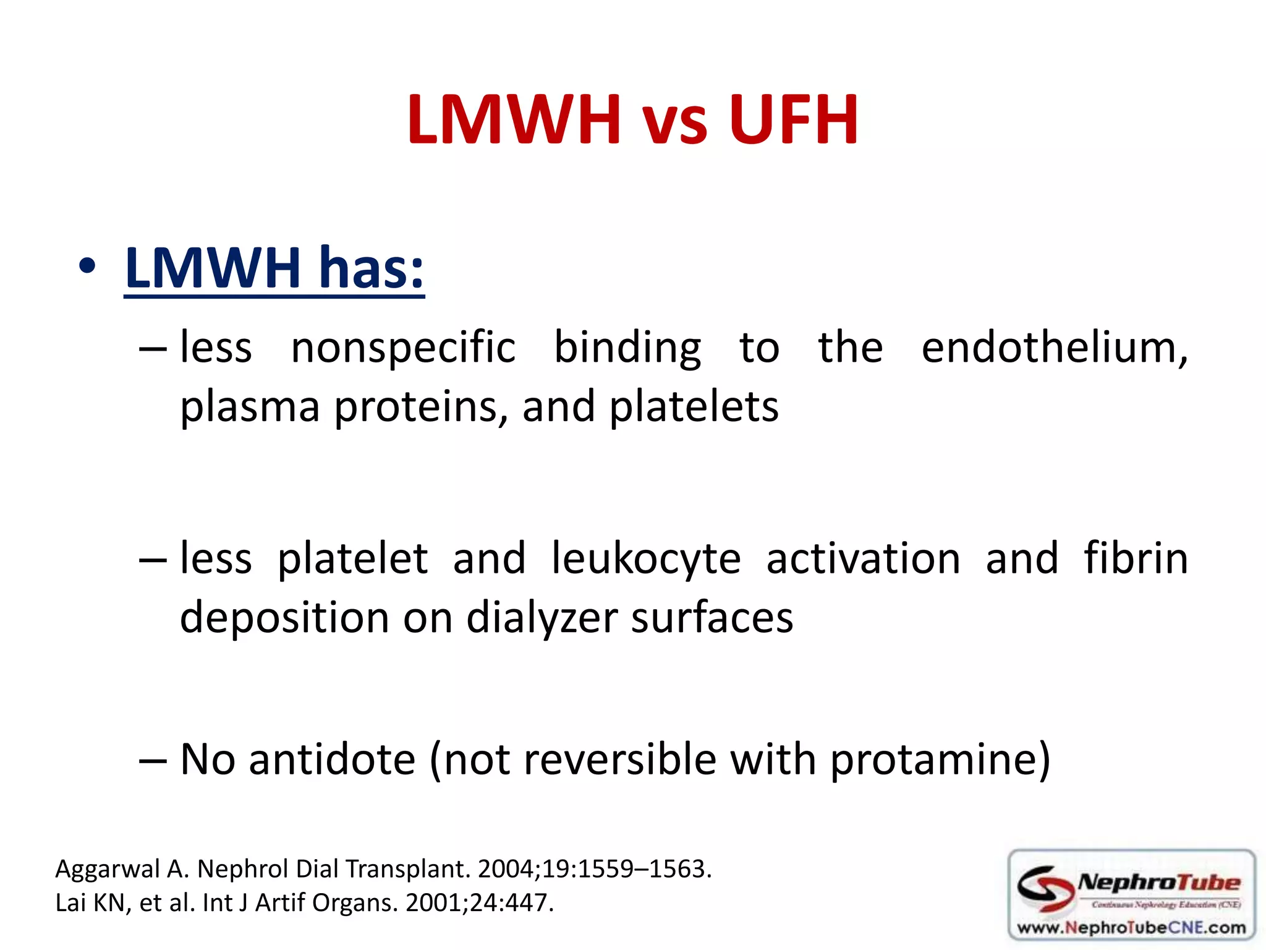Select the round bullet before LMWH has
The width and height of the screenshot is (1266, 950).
[x=87, y=267]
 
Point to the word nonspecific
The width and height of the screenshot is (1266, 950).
[x=403, y=348]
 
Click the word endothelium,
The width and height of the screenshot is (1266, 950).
[x=1054, y=348]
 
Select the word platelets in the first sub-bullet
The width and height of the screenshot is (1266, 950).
[x=694, y=407]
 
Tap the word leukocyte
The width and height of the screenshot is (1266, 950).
[x=645, y=558]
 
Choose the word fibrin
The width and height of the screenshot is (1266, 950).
[x=1136, y=558]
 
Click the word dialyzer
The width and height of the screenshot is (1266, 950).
[x=542, y=618]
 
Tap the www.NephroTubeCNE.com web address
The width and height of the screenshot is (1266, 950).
[x=1131, y=928]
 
